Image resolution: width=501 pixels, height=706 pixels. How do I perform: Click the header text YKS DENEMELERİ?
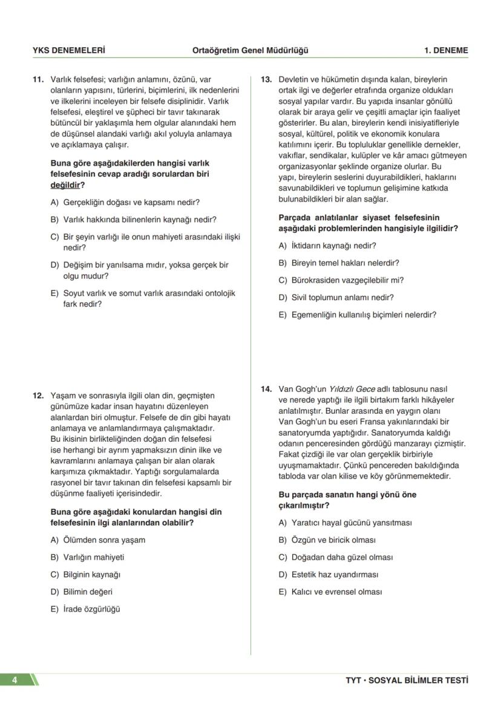(68, 51)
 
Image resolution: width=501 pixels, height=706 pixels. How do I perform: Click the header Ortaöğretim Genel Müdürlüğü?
(250, 51)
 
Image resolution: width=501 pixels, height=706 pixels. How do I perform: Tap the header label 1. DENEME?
(446, 51)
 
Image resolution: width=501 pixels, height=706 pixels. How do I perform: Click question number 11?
(38, 79)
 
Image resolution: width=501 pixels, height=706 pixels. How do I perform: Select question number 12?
(38, 396)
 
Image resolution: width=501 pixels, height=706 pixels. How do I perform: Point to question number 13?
(266, 79)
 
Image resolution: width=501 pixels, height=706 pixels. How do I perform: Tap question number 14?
(266, 389)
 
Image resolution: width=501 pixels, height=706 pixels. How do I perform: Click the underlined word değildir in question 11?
(65, 185)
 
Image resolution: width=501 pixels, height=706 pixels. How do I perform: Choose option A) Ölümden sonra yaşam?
(98, 540)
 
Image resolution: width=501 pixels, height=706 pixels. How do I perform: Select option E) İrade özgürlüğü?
(85, 609)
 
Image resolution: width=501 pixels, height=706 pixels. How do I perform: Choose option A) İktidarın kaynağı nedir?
(327, 246)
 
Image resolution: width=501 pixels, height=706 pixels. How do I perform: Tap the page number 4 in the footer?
(14, 680)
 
